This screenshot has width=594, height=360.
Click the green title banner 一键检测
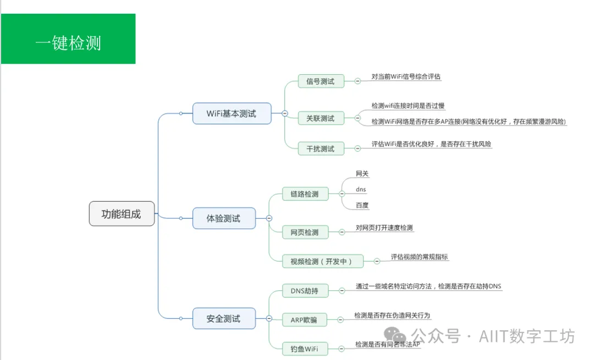(68, 40)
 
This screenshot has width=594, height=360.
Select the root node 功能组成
(122, 214)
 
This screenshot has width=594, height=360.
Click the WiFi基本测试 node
(232, 113)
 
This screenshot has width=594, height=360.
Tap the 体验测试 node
(224, 218)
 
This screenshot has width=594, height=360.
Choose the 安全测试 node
(224, 318)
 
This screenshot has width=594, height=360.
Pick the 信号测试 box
(321, 81)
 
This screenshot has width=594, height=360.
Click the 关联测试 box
(321, 118)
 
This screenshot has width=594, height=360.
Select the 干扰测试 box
(321, 148)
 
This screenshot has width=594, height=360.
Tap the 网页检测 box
(305, 232)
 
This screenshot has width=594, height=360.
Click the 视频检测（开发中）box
(322, 261)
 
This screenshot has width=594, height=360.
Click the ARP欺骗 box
(304, 319)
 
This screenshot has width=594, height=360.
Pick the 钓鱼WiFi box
(305, 348)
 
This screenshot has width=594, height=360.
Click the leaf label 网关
(362, 174)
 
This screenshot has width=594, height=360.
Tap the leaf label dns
(361, 190)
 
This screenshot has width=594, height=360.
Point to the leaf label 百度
(362, 206)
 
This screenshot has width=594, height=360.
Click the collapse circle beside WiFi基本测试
(284, 113)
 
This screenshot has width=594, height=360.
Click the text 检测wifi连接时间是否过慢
(408, 106)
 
